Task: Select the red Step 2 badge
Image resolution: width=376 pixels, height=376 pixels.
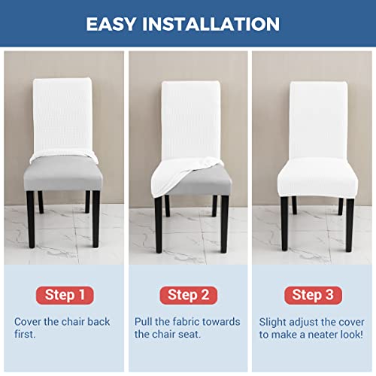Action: (x=188, y=294)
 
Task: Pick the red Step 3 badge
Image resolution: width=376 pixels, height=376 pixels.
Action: (x=312, y=294)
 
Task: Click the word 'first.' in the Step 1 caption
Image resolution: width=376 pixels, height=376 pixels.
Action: (x=26, y=334)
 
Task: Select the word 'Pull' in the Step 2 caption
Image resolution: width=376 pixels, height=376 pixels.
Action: (x=145, y=322)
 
